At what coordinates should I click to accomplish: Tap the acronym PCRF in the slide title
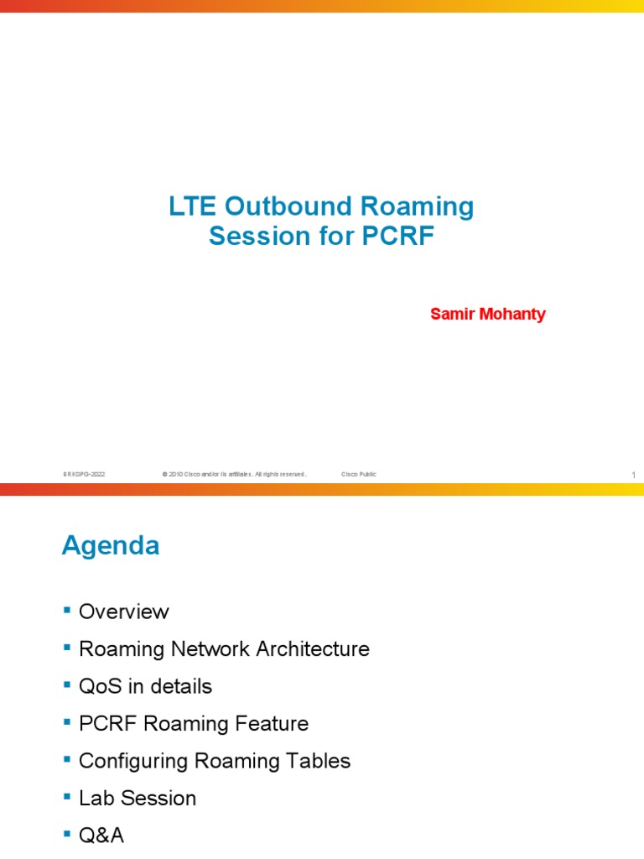(398, 237)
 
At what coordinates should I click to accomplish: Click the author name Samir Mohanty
(487, 315)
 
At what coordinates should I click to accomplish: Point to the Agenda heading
(111, 546)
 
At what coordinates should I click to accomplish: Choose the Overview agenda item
(123, 612)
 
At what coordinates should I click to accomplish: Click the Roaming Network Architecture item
(223, 649)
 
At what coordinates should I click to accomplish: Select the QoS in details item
(145, 686)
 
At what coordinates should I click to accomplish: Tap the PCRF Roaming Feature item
(193, 723)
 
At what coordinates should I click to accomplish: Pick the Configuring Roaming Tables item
(214, 761)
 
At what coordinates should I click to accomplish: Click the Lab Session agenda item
(137, 798)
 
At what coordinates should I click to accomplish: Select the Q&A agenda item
(101, 836)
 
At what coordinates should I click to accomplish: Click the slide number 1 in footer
(634, 476)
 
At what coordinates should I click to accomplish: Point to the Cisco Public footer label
(359, 475)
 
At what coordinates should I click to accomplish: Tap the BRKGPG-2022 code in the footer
(84, 475)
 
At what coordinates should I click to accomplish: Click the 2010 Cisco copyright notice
(234, 475)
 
